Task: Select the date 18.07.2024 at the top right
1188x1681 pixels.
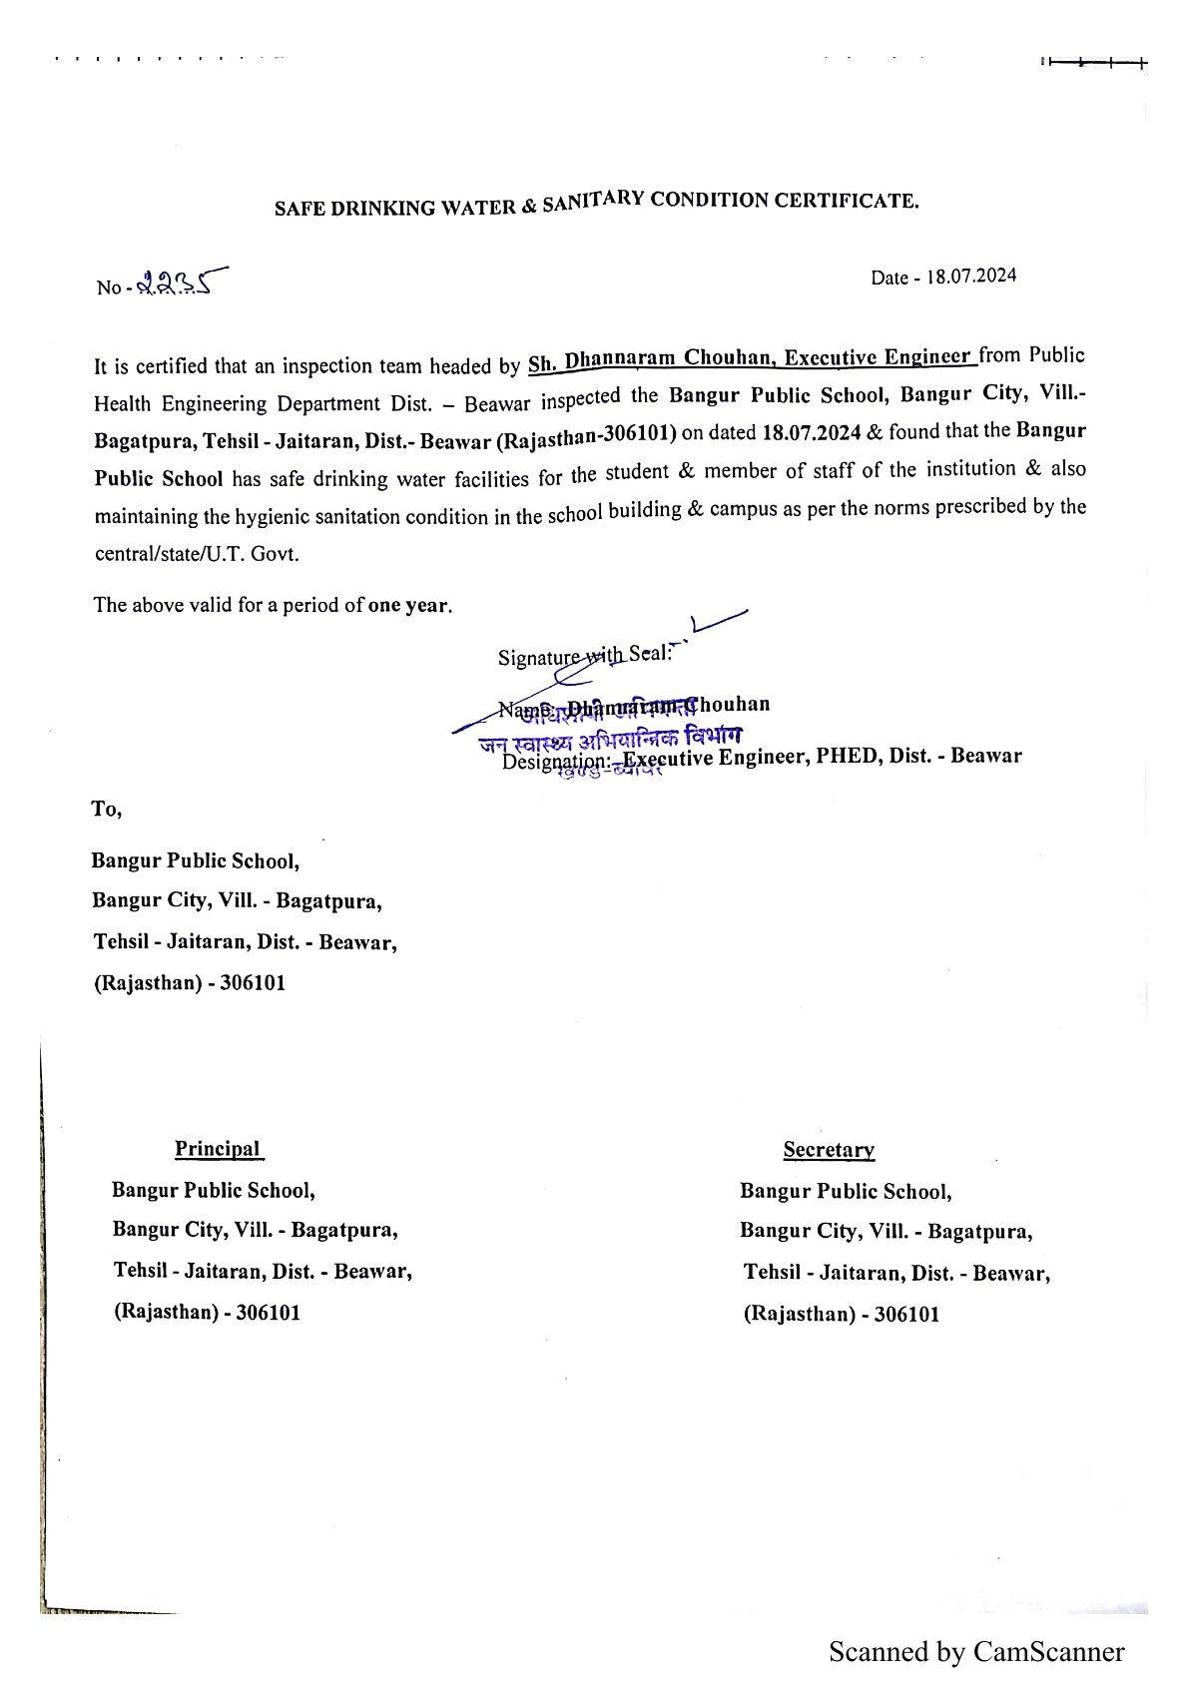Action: pyautogui.click(x=971, y=277)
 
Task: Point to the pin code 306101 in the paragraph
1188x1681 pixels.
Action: pyautogui.click(x=641, y=434)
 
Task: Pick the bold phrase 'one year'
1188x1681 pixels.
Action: pyautogui.click(x=408, y=605)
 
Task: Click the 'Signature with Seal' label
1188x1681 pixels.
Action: pyautogui.click(x=585, y=655)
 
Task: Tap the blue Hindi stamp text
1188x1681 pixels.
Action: pyautogui.click(x=609, y=740)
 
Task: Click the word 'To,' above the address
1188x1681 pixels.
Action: pyautogui.click(x=107, y=809)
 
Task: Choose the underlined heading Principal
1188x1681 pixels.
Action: pyautogui.click(x=218, y=1148)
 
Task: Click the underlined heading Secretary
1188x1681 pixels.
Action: pyautogui.click(x=829, y=1150)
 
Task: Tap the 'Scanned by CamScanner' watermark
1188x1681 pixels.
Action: pyautogui.click(x=976, y=1652)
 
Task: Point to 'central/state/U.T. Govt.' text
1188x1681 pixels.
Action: pyautogui.click(x=197, y=554)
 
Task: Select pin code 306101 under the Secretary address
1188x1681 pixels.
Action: pyautogui.click(x=906, y=1314)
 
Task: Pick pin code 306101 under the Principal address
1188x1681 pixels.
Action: pyautogui.click(x=268, y=1312)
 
